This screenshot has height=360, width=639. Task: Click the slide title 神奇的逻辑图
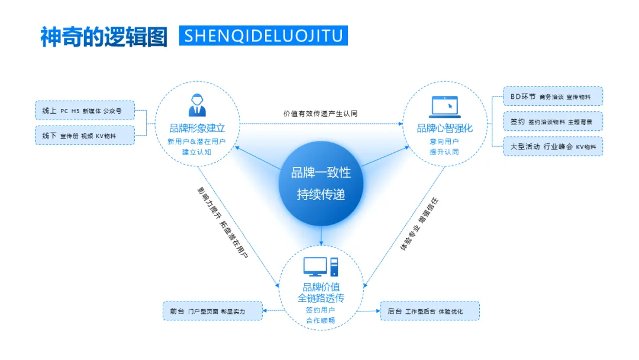tap(104, 36)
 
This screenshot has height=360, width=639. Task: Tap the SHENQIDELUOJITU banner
tap(263, 36)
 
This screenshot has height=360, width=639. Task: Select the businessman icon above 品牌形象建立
tap(197, 105)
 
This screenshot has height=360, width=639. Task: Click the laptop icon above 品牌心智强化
tap(446, 106)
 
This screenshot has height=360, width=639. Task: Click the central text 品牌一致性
tap(321, 173)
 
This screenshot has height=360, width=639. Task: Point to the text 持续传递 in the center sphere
tap(321, 195)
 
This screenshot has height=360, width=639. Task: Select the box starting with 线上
tap(85, 111)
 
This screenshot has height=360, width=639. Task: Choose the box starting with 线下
tap(85, 136)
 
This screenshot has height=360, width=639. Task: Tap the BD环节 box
tap(553, 97)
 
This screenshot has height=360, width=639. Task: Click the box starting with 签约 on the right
tap(553, 121)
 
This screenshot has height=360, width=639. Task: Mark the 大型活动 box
tap(553, 146)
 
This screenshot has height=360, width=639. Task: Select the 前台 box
tap(212, 311)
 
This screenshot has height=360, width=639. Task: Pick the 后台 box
tap(430, 311)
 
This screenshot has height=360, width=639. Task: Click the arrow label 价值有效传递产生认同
tap(320, 113)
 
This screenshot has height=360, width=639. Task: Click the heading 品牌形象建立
tap(197, 128)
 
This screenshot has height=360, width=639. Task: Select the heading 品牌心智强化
tap(445, 128)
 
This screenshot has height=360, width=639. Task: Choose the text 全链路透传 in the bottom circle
tap(321, 297)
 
